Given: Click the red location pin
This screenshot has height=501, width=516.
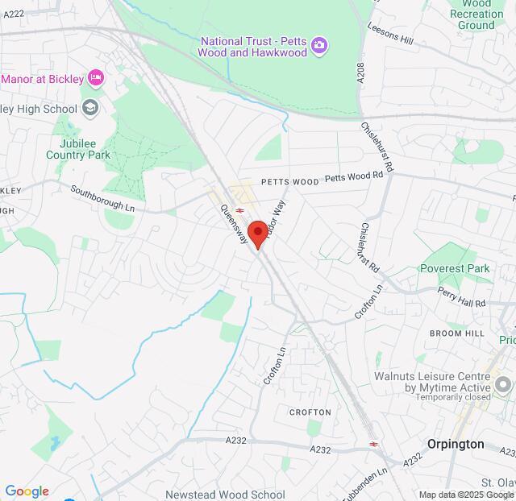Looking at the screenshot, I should (x=258, y=234).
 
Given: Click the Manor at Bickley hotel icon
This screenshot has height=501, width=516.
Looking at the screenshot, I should (x=97, y=78).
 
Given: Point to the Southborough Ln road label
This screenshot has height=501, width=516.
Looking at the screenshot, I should (x=102, y=198).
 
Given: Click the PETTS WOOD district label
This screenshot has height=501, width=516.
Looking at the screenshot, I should (x=289, y=182).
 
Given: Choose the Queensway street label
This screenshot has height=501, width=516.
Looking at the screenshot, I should (x=234, y=224).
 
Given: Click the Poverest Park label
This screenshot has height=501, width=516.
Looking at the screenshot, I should (x=455, y=268).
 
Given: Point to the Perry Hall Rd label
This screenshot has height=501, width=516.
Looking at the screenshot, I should (x=462, y=296).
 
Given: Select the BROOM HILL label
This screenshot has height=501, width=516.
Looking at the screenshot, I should (x=456, y=333).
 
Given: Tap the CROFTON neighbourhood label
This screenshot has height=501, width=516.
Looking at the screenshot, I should (x=310, y=412).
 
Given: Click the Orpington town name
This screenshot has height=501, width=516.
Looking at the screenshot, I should (x=456, y=444).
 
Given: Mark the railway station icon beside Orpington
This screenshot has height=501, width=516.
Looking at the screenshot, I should (x=373, y=444).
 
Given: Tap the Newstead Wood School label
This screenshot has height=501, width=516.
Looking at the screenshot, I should (x=225, y=495).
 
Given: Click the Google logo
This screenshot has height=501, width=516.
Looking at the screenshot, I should (x=27, y=491).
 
